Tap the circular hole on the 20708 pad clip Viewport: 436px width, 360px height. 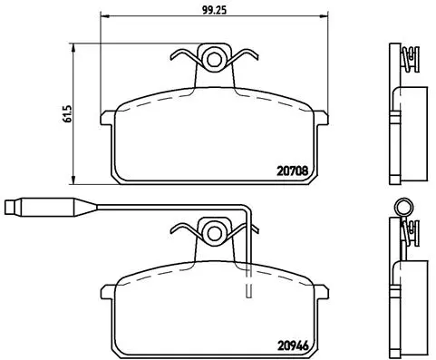[215, 60]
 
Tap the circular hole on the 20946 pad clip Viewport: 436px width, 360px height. [215, 232]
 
